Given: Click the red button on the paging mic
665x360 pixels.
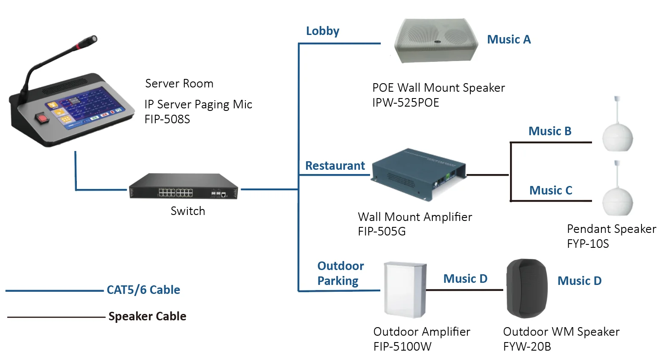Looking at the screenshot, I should (x=42, y=118).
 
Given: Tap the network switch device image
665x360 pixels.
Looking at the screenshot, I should (x=184, y=187).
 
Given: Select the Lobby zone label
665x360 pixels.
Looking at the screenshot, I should (x=322, y=31).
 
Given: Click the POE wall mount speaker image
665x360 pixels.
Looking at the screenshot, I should (x=436, y=41).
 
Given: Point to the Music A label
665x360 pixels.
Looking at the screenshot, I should (x=509, y=40).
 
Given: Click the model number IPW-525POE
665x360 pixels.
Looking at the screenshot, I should (x=405, y=103).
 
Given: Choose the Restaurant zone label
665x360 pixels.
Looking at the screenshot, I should (x=335, y=166).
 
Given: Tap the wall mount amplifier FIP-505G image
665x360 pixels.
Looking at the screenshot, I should (x=418, y=174).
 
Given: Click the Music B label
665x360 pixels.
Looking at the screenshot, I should (x=550, y=131).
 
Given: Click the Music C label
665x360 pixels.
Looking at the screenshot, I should (x=551, y=191).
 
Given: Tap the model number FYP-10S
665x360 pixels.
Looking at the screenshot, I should (x=588, y=244).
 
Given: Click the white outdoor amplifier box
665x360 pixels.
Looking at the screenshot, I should (x=405, y=290).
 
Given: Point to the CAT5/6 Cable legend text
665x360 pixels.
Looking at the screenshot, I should (x=143, y=290).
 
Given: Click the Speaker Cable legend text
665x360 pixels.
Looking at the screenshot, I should (x=147, y=316).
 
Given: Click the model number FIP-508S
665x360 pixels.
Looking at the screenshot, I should (x=167, y=119).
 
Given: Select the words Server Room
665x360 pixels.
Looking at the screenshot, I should (x=179, y=84).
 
